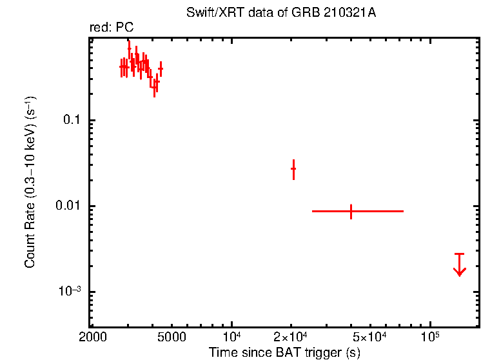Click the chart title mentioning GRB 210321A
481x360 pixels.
(284, 14)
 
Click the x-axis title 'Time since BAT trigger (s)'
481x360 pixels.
(284, 352)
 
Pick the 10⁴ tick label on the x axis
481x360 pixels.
(231, 337)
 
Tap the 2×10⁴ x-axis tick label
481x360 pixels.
(291, 337)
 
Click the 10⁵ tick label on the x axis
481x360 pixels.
(430, 337)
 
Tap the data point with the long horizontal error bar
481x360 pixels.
(351, 211)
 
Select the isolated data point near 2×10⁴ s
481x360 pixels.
(293, 169)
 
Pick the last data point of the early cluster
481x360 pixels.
(161, 68)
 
